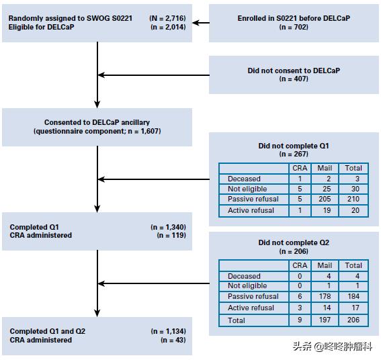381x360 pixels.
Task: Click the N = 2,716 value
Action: [x=168, y=18]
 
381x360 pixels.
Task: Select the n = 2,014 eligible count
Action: [x=168, y=27]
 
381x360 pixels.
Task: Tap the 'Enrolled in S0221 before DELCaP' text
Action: [x=294, y=18]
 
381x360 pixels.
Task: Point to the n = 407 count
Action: [x=294, y=79]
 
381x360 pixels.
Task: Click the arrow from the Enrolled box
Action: [x=201, y=23]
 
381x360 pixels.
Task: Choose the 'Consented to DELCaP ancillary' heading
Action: [x=97, y=122]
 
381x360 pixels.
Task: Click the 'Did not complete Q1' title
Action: [x=294, y=146]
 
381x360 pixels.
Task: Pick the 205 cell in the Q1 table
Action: [x=325, y=199]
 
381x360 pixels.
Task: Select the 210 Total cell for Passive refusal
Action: [x=353, y=199]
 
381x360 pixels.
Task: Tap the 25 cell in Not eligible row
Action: [x=327, y=189]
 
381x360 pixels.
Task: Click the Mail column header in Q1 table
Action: [x=325, y=168]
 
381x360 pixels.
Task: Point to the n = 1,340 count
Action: [x=168, y=227]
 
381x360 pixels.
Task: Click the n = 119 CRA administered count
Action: [x=171, y=235]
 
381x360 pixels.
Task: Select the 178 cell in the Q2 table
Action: [x=325, y=296]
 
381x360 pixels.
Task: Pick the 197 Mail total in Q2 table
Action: [x=325, y=320]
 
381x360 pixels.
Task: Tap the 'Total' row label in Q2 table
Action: [x=237, y=320]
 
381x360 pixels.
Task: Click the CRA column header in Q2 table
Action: [x=300, y=265]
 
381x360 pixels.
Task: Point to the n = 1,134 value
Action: [x=168, y=331]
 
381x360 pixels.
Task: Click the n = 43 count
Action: [x=173, y=340]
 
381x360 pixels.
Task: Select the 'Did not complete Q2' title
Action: [x=294, y=242]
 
